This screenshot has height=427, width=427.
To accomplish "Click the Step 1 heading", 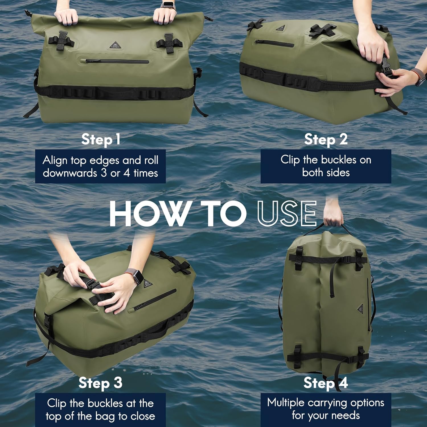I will coord(100,139).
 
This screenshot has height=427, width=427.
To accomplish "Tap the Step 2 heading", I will coord(326,139).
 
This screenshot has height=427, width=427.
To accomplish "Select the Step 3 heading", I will coord(100,383).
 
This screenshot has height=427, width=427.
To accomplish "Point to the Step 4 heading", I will coord(326,383).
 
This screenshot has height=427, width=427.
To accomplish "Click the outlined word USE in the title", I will coord(287,213).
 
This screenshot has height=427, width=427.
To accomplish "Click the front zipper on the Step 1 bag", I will coord(117,61).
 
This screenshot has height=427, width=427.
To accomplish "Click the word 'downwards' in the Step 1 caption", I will coord(70,173).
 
